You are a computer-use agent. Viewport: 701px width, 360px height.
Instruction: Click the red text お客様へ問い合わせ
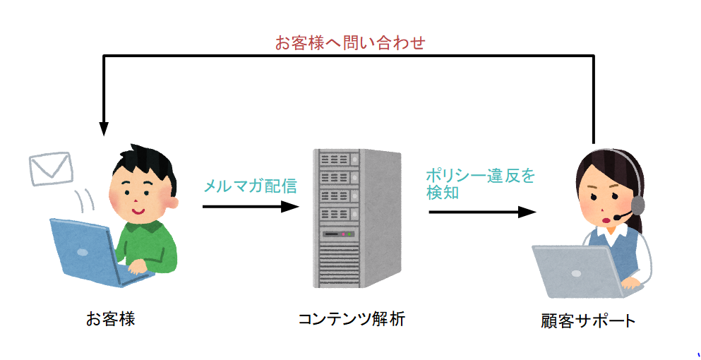click(x=349, y=42)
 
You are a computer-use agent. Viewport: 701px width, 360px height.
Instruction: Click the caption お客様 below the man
click(x=111, y=319)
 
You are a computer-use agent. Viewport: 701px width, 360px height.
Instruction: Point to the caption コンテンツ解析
click(x=351, y=319)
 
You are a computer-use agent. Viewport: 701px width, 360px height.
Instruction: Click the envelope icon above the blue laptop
click(x=51, y=169)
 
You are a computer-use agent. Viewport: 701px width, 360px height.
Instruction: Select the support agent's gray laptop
click(x=572, y=272)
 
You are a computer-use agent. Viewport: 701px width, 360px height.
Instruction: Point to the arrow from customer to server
click(x=251, y=207)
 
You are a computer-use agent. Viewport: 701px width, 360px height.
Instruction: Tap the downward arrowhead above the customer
click(x=104, y=128)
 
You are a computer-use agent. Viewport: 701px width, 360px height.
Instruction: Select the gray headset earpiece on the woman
click(x=637, y=205)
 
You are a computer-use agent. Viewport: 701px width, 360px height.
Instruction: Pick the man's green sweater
click(x=152, y=247)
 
